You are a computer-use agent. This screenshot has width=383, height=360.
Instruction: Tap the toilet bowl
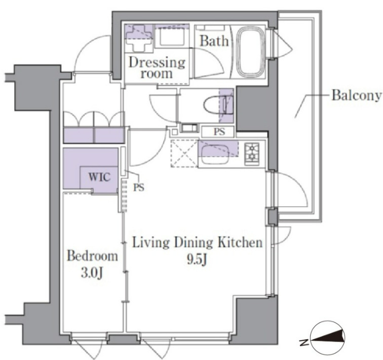point(215,105)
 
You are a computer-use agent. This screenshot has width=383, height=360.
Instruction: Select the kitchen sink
point(214,154)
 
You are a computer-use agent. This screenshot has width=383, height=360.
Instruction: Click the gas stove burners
point(252,152)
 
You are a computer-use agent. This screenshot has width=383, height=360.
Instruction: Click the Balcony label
point(357,95)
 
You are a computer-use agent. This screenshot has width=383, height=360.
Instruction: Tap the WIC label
point(99,176)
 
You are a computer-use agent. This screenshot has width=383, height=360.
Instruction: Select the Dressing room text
point(157,68)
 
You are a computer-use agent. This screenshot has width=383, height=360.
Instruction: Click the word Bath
point(214,41)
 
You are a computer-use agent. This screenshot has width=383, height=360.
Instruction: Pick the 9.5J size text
point(197,260)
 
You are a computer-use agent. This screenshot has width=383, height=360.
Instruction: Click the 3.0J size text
point(92,273)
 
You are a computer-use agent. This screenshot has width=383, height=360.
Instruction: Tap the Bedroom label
point(92,256)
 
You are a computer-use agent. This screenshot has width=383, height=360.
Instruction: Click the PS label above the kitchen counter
point(219,132)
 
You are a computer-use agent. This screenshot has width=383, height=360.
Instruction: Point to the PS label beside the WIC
point(138,187)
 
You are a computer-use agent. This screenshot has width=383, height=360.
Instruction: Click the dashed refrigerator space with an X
point(184,154)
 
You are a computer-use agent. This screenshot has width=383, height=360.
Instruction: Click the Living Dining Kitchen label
point(197,242)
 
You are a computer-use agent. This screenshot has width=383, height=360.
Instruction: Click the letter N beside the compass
point(303,343)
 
